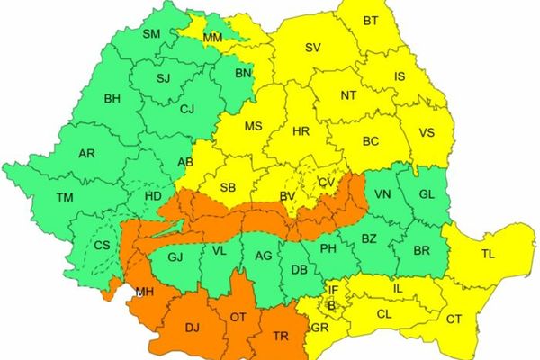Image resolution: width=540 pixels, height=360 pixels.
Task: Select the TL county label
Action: [x=488, y=255]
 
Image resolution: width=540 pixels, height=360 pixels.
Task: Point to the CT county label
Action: [x=454, y=319]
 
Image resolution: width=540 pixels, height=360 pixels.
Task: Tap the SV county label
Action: [x=313, y=48]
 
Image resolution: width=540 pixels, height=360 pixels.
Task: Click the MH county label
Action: [x=143, y=292]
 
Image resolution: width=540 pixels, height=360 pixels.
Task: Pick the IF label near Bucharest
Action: [x=333, y=290]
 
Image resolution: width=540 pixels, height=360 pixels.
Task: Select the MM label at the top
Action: [x=213, y=38]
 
